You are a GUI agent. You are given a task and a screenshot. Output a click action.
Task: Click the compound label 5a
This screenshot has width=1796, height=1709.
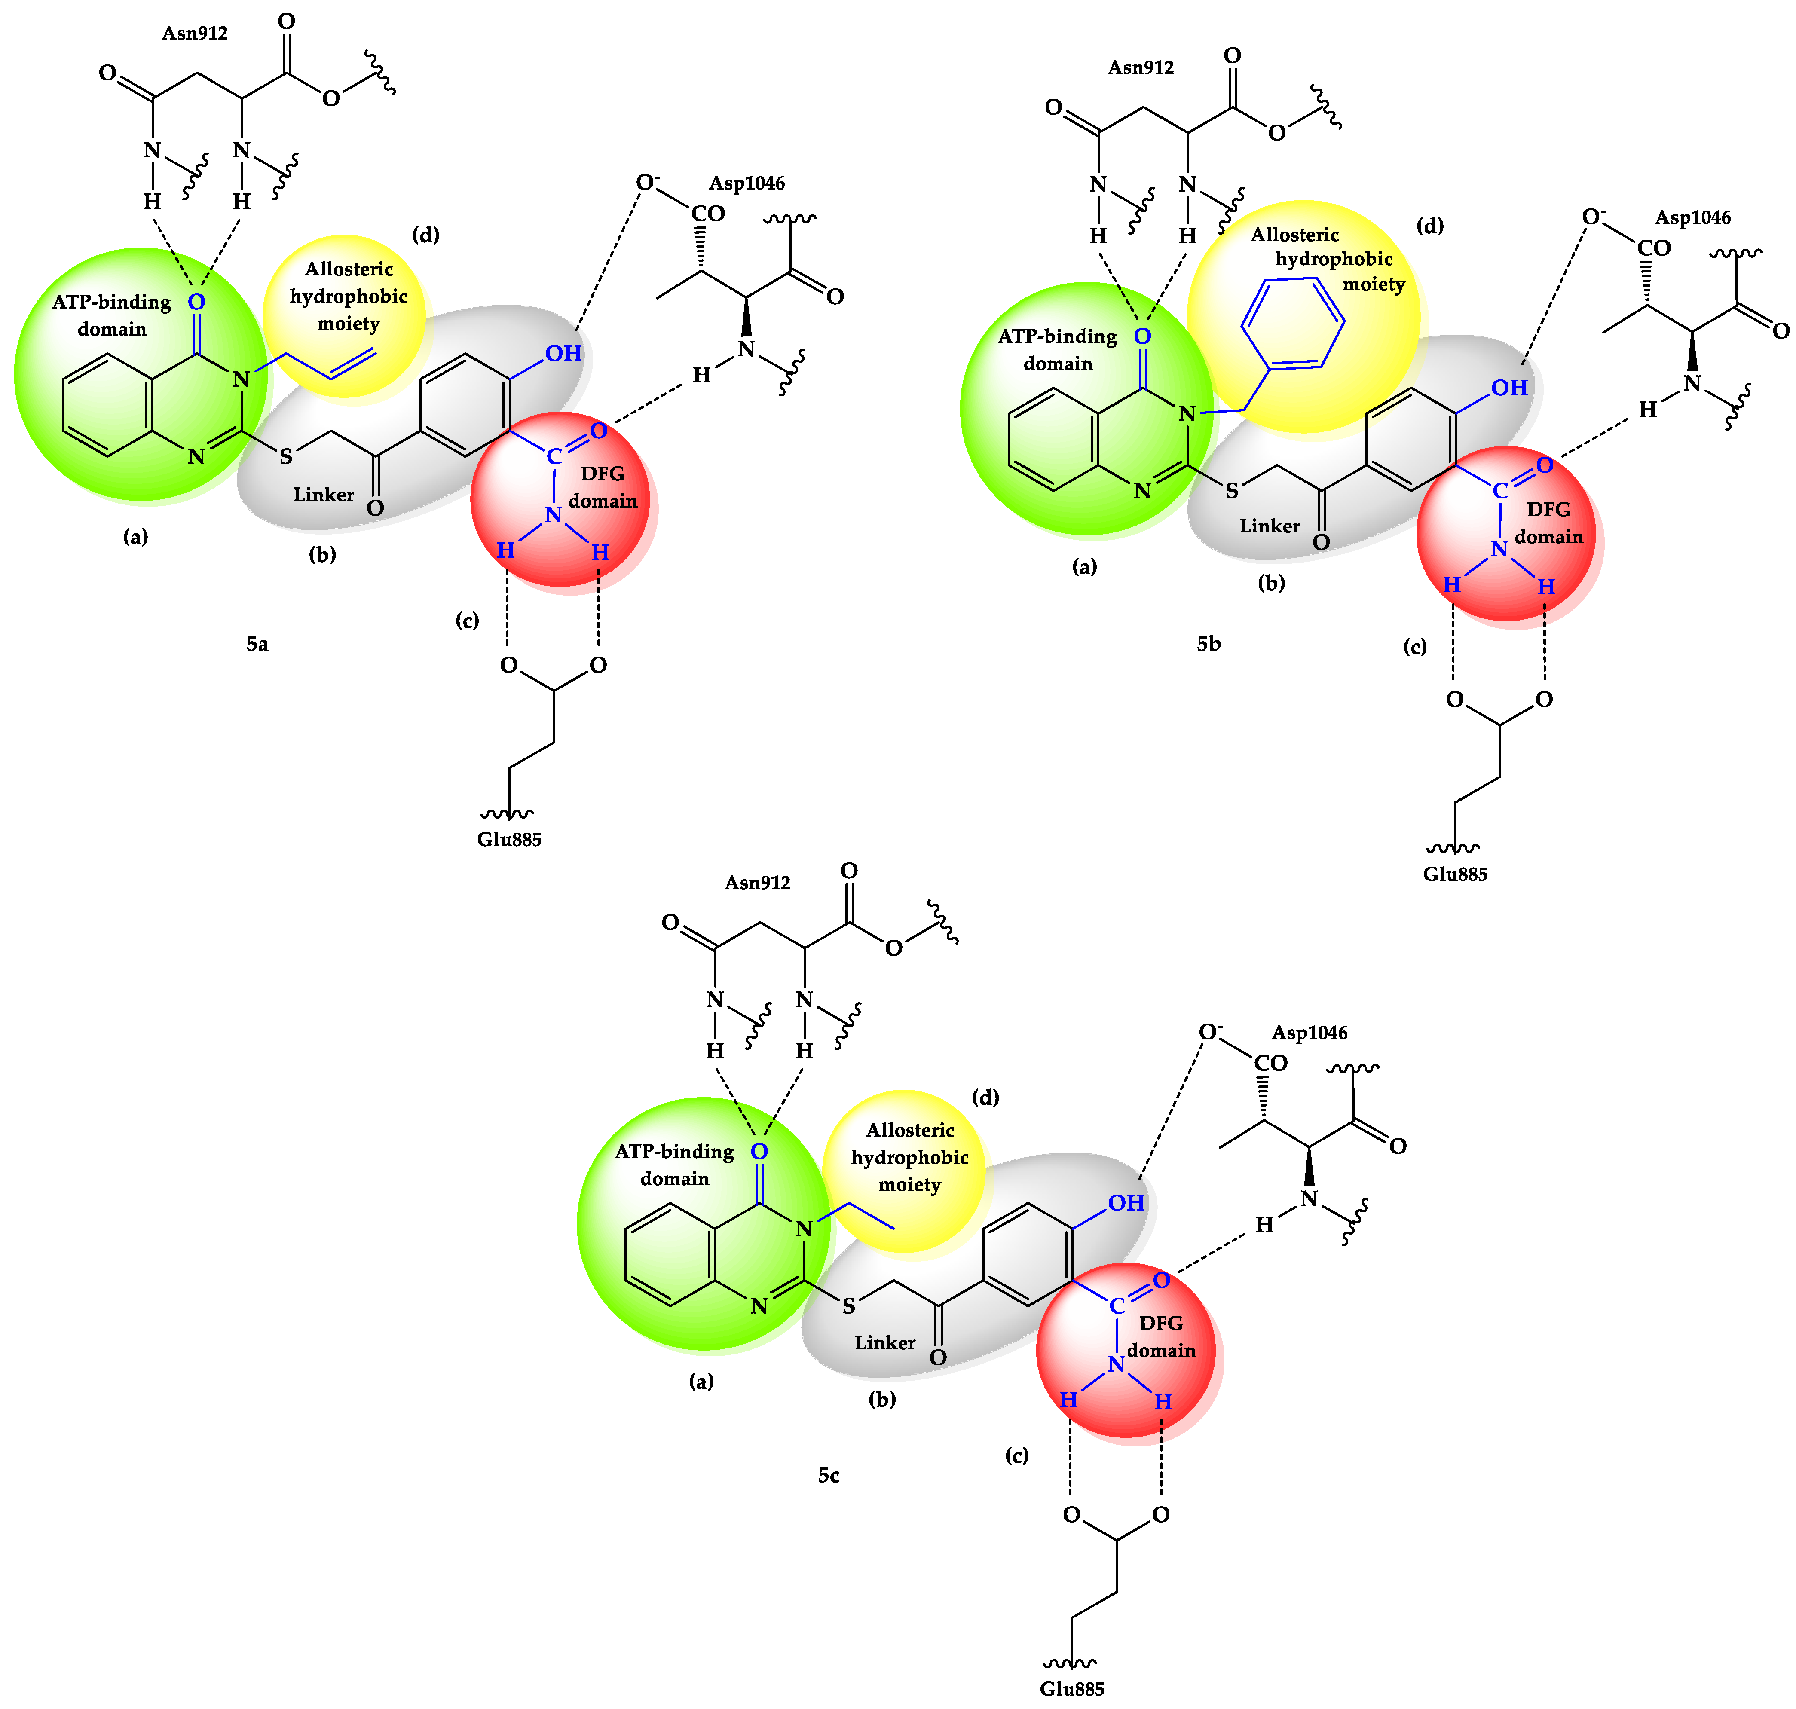(x=257, y=644)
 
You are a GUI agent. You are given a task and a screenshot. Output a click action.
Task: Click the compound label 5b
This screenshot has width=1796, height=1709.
(x=1208, y=644)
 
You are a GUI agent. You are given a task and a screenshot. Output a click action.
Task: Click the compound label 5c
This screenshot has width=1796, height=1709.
(x=828, y=1475)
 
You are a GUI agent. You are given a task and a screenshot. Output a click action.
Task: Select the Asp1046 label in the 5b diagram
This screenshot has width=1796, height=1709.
(x=1692, y=218)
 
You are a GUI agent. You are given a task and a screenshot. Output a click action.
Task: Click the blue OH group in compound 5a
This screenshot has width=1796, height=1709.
(x=563, y=354)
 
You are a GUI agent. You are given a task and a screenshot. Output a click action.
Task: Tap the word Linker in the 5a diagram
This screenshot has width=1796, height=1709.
(x=324, y=495)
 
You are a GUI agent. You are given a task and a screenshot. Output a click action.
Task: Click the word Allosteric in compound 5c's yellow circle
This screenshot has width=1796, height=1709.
(x=909, y=1131)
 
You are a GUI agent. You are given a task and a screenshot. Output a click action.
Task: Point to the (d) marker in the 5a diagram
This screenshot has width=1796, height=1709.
(x=425, y=235)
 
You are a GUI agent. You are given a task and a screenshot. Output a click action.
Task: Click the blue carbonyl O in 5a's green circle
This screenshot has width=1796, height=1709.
(x=196, y=302)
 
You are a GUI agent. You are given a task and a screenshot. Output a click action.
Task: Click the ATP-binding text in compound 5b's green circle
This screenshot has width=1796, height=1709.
(x=1057, y=336)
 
